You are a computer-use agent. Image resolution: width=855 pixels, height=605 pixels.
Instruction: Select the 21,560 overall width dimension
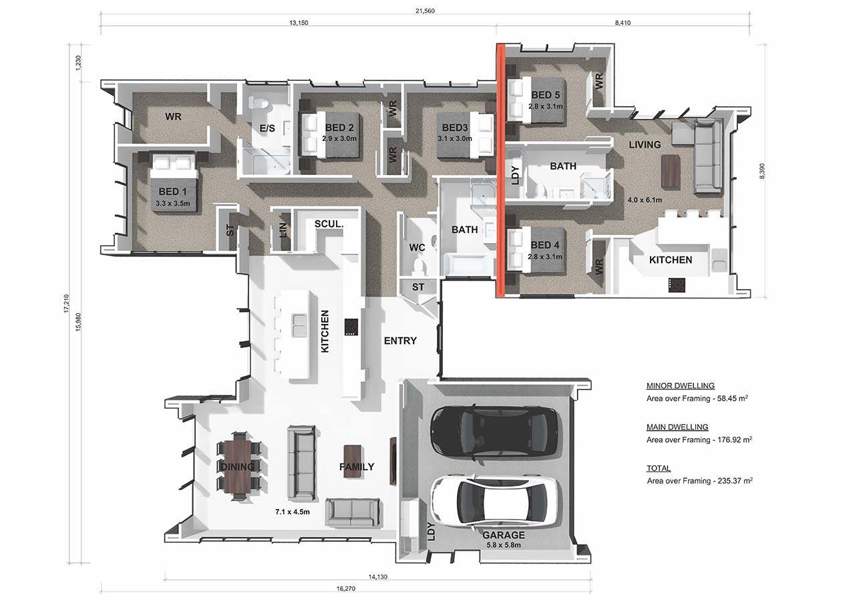point(425,11)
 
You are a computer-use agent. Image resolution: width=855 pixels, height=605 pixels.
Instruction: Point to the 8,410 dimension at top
point(623,23)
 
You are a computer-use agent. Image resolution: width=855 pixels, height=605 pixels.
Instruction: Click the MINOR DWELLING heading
point(681,386)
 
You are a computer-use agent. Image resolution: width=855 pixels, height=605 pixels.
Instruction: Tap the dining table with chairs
point(239,465)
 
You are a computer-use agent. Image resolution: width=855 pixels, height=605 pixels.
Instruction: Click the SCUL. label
point(329,224)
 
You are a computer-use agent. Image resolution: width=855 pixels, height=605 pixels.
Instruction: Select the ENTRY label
point(400,341)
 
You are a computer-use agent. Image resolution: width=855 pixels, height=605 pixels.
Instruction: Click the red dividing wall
point(500,170)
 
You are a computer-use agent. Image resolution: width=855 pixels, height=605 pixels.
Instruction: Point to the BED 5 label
point(546,95)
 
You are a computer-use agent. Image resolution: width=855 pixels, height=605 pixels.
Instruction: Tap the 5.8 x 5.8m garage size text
point(504,545)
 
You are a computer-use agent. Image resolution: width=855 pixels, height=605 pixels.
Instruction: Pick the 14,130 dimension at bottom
point(377,577)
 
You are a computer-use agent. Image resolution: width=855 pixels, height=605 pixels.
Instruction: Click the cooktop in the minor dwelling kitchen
point(677,285)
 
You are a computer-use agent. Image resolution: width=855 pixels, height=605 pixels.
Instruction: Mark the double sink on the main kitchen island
point(299,325)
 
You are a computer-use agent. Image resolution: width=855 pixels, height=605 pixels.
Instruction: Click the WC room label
point(417,248)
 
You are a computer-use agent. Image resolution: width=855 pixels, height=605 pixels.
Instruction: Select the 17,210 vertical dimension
point(67,304)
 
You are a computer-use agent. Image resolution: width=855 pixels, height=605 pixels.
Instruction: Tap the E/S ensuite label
point(267,128)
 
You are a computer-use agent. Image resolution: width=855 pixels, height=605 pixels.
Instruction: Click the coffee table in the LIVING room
point(671,172)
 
